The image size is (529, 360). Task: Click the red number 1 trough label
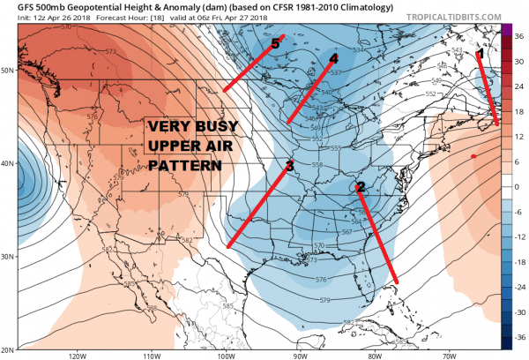(x=481, y=55)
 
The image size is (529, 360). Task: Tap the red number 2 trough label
(x=360, y=186)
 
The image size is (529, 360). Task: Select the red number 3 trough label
(x=289, y=166)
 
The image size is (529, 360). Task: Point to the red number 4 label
(x=333, y=59)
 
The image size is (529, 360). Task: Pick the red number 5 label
(x=276, y=43)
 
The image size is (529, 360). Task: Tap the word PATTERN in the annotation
(x=180, y=165)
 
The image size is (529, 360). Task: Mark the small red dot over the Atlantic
(x=474, y=156)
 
